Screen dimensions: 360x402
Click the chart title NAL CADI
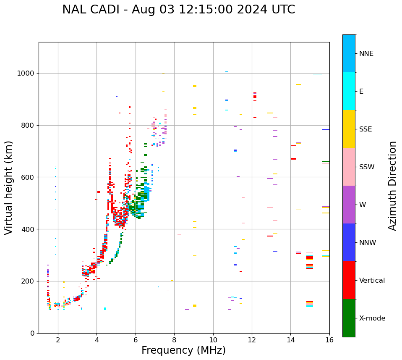[x=92, y=10]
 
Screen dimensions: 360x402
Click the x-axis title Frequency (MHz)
[x=183, y=350]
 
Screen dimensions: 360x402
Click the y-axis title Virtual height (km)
[x=9, y=188]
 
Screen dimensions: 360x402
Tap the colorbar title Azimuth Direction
[x=392, y=186]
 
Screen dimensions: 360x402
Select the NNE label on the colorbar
[x=366, y=54]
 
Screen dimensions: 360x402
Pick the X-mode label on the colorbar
[x=372, y=318]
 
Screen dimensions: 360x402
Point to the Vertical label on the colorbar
[x=372, y=281]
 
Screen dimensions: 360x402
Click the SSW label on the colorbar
[x=367, y=167]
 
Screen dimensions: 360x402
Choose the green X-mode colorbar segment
[x=349, y=318]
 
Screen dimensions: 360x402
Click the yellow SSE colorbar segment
[x=349, y=129]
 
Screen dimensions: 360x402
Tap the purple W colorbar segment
[x=349, y=205]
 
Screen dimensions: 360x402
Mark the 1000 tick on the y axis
[x=26, y=73]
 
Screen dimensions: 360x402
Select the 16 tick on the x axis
[x=329, y=340]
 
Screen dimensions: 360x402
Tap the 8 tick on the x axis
[x=174, y=340]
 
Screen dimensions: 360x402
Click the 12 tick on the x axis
[x=252, y=340]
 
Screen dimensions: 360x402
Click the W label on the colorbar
[x=363, y=205]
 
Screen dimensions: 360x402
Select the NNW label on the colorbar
[x=368, y=243]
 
